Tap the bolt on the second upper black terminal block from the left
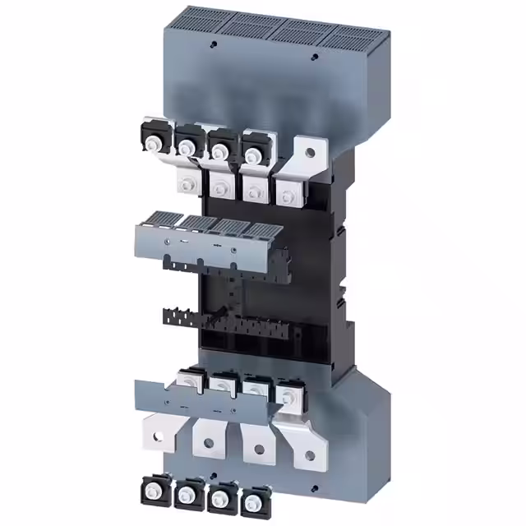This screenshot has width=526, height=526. click(187, 146)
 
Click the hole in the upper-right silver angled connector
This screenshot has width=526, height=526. click(308, 150)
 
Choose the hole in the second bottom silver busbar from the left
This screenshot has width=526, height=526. click(210, 443)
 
